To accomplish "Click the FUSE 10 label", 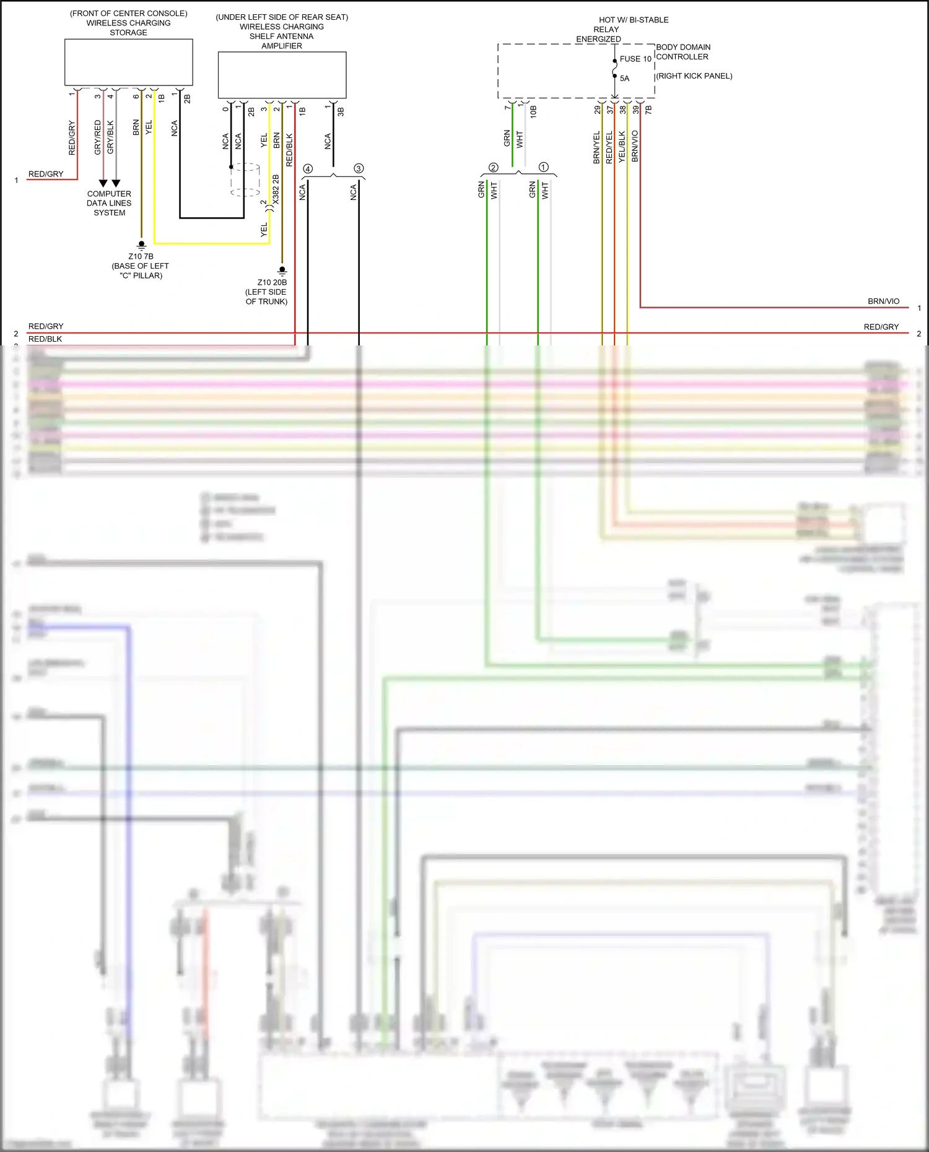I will [x=635, y=59].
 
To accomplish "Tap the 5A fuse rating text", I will [x=624, y=79].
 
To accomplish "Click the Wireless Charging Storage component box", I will [x=129, y=63].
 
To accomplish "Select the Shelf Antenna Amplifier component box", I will [x=282, y=75].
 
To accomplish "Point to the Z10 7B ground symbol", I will [x=141, y=245].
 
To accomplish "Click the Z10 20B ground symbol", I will [x=282, y=271].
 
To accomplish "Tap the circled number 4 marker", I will [x=308, y=168].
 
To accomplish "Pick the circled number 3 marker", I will [x=359, y=168].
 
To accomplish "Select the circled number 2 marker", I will [x=493, y=168].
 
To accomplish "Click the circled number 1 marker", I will [x=544, y=167].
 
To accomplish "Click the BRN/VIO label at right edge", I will [x=883, y=301].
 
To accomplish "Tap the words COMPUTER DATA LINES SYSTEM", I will [x=109, y=203].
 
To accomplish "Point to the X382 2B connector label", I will [x=276, y=189].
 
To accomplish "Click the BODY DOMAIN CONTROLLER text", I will [x=683, y=52].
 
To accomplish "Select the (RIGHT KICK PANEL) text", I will [x=694, y=76].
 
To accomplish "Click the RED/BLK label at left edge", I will [x=45, y=339].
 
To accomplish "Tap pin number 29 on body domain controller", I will [x=597, y=110].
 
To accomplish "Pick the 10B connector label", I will [x=533, y=111].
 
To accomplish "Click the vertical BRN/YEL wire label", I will [x=596, y=147].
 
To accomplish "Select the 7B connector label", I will [x=648, y=110].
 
